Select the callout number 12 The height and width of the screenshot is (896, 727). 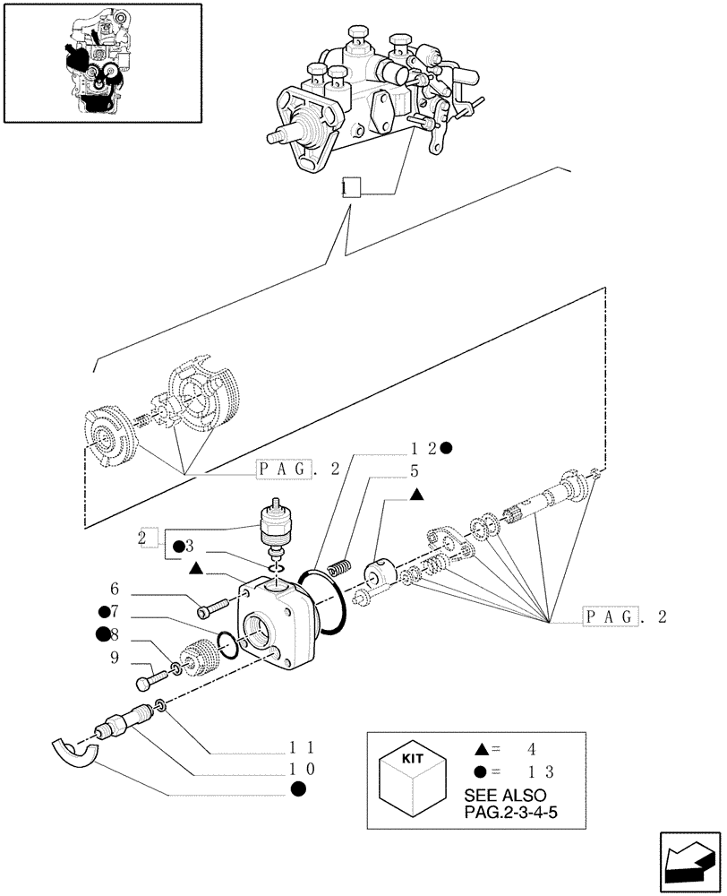point(423,449)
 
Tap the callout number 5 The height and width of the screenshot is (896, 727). point(415,470)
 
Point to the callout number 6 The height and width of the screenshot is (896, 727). point(115,589)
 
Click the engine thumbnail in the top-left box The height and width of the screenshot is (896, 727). point(92,63)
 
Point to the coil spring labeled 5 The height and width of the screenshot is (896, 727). point(339,568)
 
